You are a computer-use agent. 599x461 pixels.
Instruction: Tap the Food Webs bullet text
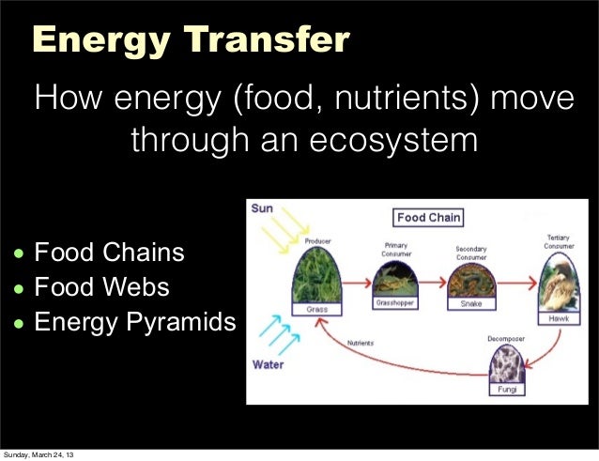click(x=102, y=287)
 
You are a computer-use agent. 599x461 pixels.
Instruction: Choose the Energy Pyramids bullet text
click(x=135, y=322)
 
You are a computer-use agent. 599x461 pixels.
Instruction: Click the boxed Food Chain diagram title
click(x=428, y=217)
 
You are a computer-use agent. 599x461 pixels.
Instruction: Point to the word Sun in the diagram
click(x=262, y=209)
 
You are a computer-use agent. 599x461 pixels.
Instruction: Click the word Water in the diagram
click(x=269, y=365)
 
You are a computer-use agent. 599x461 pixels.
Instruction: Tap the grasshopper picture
click(x=395, y=280)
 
